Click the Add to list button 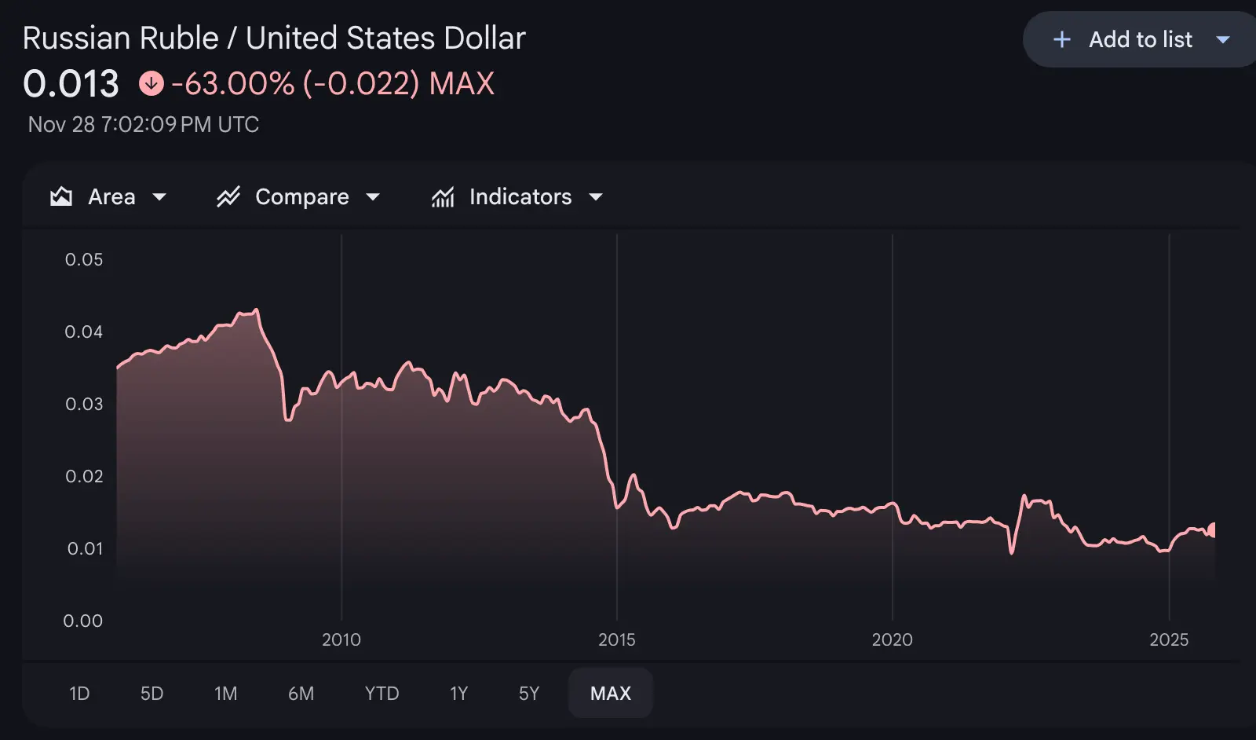click(x=1139, y=39)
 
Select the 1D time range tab click(x=79, y=693)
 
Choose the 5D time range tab click(x=152, y=693)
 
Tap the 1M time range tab click(x=225, y=693)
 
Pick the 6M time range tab click(x=301, y=693)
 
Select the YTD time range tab click(x=382, y=693)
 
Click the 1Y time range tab click(x=458, y=693)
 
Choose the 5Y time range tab click(x=529, y=693)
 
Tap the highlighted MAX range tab click(x=610, y=693)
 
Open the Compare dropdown click(x=298, y=196)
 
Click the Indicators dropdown click(x=517, y=196)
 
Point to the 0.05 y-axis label click(x=84, y=259)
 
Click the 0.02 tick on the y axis click(x=84, y=476)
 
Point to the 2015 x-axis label click(x=616, y=639)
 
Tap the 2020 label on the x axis click(x=892, y=639)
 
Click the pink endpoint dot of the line click(x=1213, y=530)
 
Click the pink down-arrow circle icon click(x=152, y=83)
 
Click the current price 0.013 click(x=71, y=83)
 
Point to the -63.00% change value click(x=232, y=83)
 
